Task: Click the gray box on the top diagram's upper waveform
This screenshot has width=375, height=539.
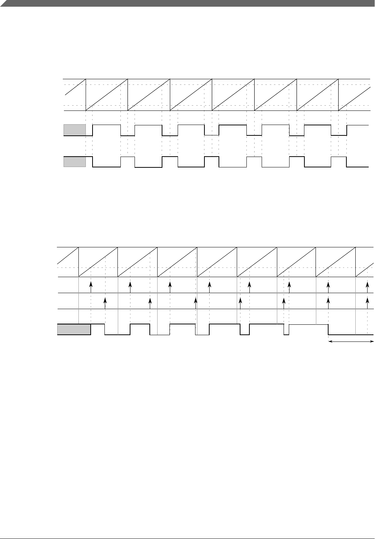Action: pyautogui.click(x=75, y=130)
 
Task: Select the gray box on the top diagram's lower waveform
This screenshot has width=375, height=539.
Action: pyautogui.click(x=75, y=162)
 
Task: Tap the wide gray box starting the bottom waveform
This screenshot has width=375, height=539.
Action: pyautogui.click(x=74, y=330)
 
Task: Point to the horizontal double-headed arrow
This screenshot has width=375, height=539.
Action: pyautogui.click(x=351, y=341)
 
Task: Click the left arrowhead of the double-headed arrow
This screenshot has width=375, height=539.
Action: pyautogui.click(x=330, y=341)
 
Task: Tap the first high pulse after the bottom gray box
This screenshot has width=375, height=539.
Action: pyautogui.click(x=98, y=325)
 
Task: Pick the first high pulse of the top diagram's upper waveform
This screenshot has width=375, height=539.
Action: pyautogui.click(x=107, y=126)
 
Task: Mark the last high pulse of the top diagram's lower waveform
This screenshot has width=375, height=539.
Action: pyautogui.click(x=339, y=157)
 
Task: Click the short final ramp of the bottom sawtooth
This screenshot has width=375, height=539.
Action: pyautogui.click(x=365, y=269)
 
